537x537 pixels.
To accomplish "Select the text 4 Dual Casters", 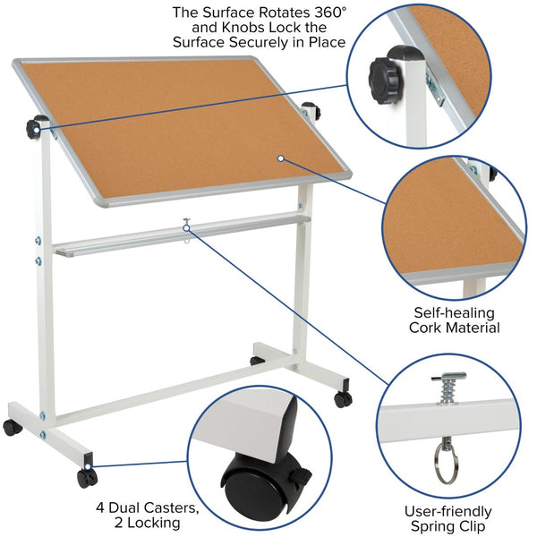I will click(148, 506).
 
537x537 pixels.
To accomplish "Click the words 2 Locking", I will click(148, 523).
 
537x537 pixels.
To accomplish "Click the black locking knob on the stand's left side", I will click(37, 126).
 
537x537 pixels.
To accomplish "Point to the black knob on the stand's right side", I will click(311, 111).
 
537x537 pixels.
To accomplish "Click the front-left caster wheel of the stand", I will click(86, 478).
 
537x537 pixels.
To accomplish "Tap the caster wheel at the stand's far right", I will click(343, 399).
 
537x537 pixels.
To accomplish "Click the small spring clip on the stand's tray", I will click(186, 225).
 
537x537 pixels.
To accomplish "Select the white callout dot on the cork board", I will click(280, 158).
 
